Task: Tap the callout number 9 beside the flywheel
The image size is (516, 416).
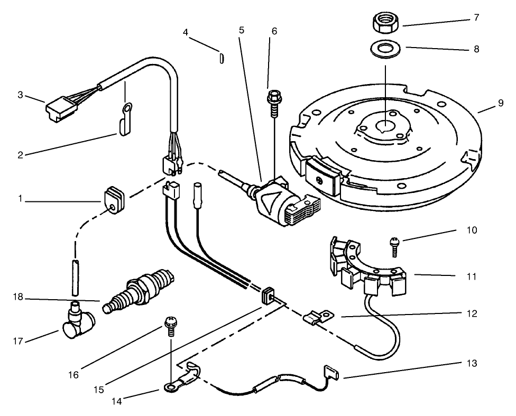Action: (x=501, y=105)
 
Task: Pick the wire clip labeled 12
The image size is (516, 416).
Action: (x=317, y=318)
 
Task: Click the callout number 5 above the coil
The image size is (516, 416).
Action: (x=241, y=30)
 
